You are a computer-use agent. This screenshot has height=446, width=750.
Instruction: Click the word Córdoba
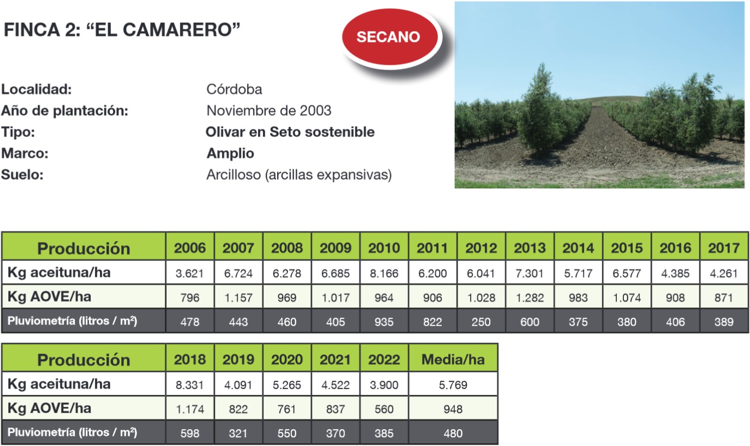(234, 89)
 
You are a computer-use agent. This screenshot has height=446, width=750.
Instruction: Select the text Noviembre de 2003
(269, 110)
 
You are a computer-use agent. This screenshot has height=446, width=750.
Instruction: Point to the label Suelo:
(22, 175)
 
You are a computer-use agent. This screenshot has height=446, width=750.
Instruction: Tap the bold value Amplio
(230, 153)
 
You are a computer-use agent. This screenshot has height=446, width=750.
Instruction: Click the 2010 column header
(384, 248)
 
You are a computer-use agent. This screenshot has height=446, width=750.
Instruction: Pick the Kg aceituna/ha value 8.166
(384, 274)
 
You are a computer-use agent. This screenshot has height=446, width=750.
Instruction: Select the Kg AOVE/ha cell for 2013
(530, 298)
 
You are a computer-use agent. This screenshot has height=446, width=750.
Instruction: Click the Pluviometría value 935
(384, 321)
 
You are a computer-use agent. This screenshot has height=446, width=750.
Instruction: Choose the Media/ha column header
(453, 360)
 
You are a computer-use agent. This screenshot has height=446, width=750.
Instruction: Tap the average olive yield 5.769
(453, 385)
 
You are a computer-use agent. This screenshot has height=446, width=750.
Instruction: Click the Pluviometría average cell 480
(453, 433)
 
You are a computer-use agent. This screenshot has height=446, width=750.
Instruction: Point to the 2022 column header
(384, 360)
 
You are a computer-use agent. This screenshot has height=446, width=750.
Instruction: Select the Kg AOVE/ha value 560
(384, 409)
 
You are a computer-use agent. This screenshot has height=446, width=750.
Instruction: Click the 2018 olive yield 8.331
(190, 385)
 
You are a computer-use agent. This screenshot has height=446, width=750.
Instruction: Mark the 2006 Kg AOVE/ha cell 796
(190, 298)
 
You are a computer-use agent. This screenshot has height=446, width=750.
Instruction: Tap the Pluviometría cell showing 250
(481, 321)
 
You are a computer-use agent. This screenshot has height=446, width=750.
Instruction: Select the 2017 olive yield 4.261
(723, 274)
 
